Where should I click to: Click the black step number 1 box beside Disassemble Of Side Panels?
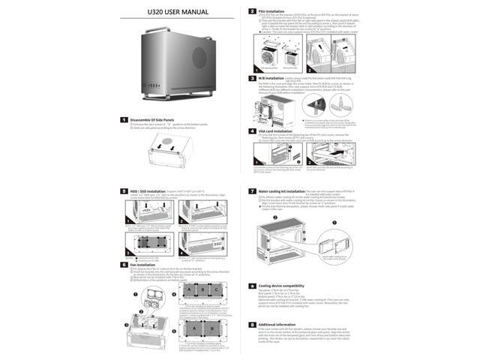(x=124, y=120)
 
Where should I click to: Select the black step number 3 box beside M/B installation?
(x=253, y=77)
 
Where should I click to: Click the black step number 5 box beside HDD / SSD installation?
(x=124, y=191)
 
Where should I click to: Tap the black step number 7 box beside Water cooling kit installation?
(x=253, y=192)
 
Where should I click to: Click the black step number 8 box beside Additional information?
(x=253, y=324)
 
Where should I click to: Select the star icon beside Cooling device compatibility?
(x=253, y=286)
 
